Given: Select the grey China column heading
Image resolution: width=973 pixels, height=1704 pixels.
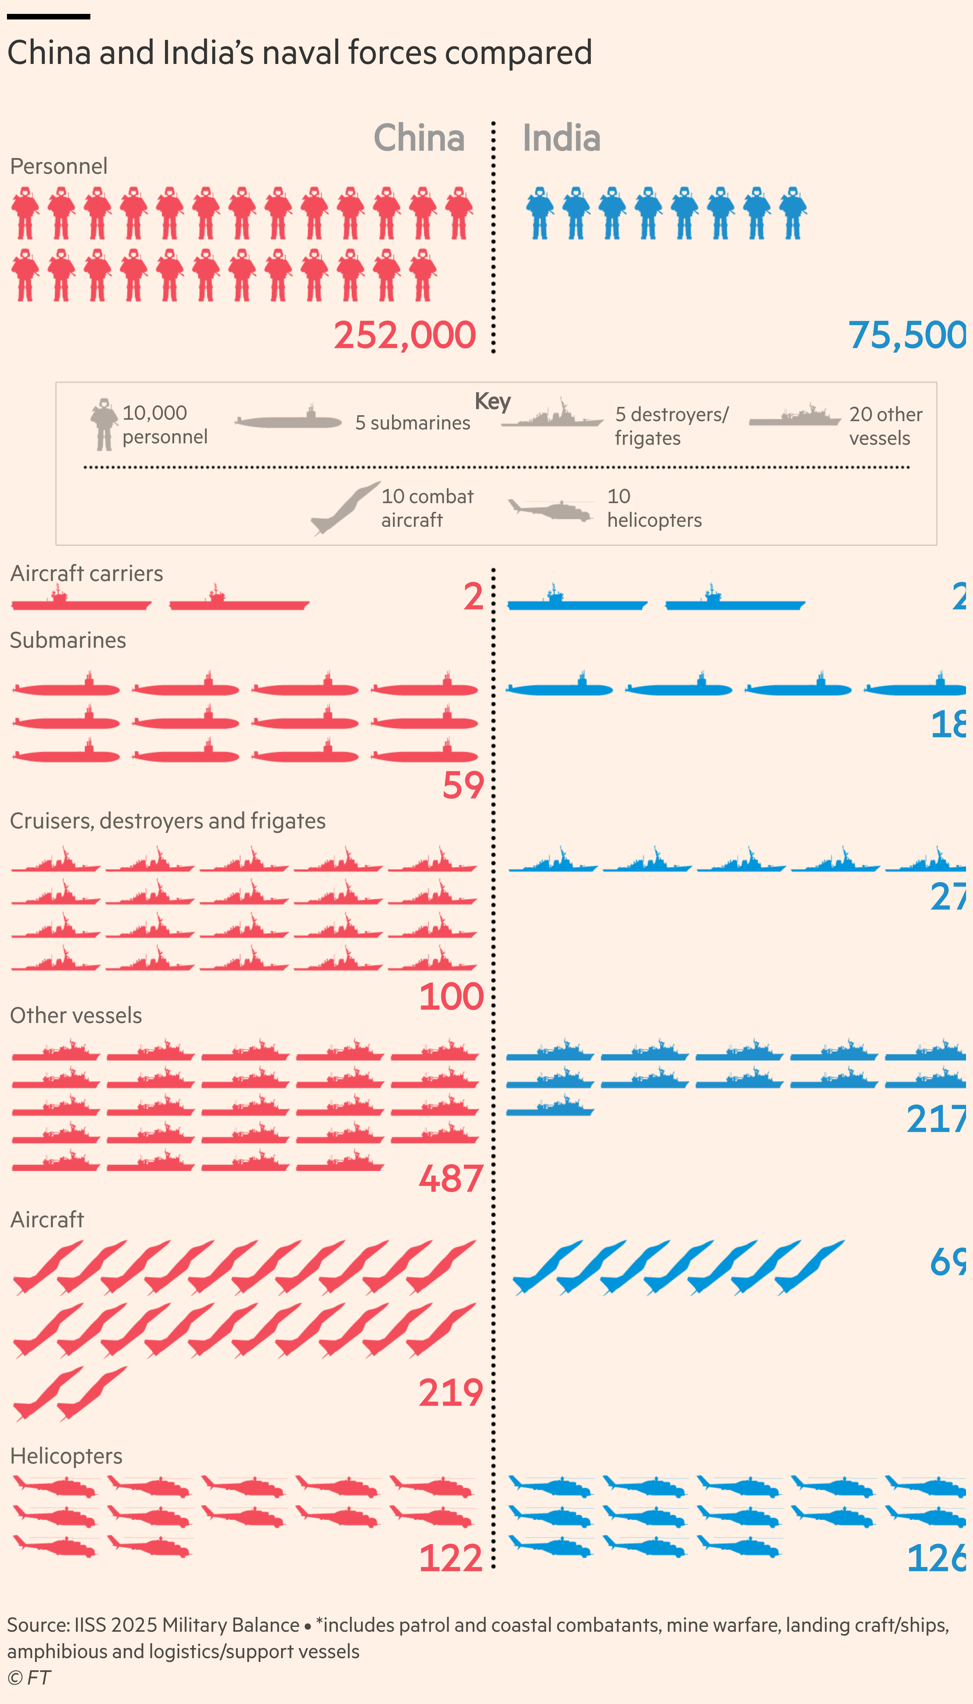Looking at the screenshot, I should pyautogui.click(x=419, y=138).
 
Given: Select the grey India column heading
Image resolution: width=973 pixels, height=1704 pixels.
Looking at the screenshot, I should pyautogui.click(x=561, y=138).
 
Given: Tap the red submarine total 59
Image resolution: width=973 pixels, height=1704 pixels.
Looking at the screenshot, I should pyautogui.click(x=463, y=785).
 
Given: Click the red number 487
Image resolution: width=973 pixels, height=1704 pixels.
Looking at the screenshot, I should pyautogui.click(x=451, y=1179).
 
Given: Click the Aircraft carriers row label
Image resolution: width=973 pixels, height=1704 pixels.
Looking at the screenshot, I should pyautogui.click(x=87, y=573).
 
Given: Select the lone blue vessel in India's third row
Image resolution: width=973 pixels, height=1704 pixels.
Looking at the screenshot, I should pyautogui.click(x=549, y=1107).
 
